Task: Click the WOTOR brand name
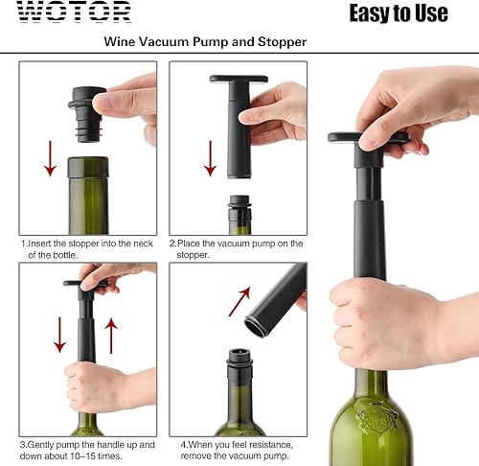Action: click(75, 13)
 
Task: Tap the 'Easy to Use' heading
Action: click(398, 12)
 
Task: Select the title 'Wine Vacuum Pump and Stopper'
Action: click(205, 42)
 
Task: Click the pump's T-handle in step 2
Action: click(245, 81)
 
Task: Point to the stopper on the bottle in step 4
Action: click(239, 367)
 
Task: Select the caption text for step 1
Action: click(88, 249)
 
